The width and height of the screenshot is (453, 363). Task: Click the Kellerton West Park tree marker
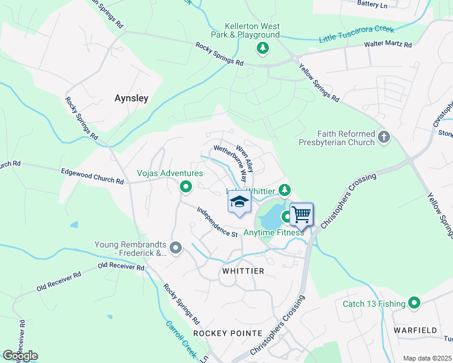tap(262, 47)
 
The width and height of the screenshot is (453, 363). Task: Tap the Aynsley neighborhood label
tap(131, 97)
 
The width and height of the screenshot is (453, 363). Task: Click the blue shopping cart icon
tap(301, 214)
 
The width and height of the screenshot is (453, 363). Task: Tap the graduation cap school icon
tap(239, 202)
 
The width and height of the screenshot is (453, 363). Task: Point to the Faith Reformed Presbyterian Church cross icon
tap(383, 138)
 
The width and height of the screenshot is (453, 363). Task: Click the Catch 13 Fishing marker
tap(414, 303)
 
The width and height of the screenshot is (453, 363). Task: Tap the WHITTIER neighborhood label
tap(243, 271)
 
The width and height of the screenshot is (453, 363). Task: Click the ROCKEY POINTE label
tap(228, 333)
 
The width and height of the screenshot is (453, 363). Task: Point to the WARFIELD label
tap(415, 330)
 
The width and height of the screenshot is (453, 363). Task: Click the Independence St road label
tap(217, 223)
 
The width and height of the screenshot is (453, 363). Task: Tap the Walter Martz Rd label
tap(388, 44)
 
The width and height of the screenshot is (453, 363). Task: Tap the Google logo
tap(20, 356)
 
